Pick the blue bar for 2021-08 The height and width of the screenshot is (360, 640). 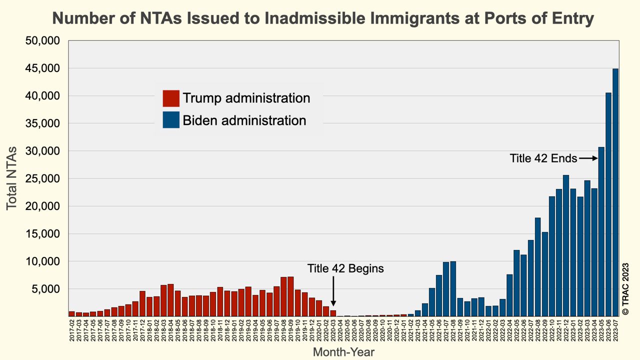click(x=453, y=288)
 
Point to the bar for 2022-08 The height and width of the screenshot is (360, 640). click(x=538, y=267)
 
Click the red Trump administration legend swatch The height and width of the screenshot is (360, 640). click(x=171, y=98)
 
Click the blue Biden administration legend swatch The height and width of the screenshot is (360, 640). click(x=171, y=120)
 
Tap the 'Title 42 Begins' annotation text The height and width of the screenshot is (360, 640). click(x=345, y=268)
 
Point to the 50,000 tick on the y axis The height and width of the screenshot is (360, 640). click(x=42, y=40)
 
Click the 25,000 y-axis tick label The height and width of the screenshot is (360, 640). click(x=42, y=178)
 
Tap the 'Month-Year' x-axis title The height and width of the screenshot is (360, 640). click(x=343, y=352)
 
